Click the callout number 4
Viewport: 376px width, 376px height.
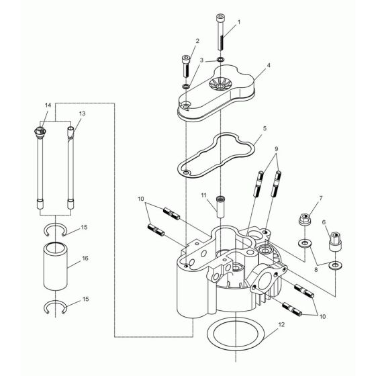[x=268, y=66]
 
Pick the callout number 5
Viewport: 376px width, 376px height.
[x=265, y=127]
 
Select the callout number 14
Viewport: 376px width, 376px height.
[x=48, y=105]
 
